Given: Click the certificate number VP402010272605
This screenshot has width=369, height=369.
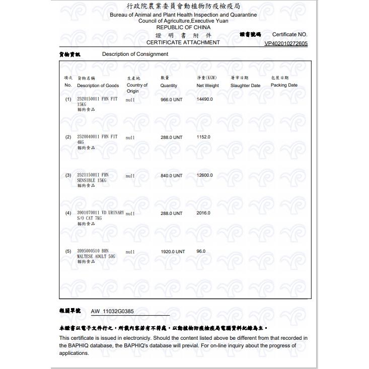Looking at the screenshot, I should pos(286,43).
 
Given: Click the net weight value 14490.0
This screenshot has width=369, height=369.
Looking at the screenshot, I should pos(205,99).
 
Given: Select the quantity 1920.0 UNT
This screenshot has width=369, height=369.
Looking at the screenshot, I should pos(173,251).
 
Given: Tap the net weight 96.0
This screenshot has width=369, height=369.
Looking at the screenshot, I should pos(201,251).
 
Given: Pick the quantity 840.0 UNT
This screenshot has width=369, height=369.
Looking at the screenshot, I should pos(171,176).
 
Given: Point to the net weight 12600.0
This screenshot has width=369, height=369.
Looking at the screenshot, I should pos(205,175).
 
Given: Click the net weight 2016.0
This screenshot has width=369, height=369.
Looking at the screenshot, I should pos(203,213).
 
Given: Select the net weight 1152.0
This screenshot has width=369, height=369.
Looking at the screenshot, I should pos(203,137).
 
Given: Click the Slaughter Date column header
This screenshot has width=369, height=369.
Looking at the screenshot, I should pos(245,86).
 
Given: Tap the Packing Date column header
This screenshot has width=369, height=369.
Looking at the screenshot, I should pos(284,85).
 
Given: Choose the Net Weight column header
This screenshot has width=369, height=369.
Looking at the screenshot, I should pos(207,86).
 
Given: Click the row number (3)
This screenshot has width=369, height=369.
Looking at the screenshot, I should pos(68,175).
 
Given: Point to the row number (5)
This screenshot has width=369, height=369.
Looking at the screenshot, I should pos(68,251).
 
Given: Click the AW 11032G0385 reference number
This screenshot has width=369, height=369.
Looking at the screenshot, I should pos(112,312).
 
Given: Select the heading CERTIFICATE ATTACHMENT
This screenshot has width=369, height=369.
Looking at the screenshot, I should pos(183,42).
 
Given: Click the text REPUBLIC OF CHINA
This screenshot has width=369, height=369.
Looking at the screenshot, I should pos(183,28).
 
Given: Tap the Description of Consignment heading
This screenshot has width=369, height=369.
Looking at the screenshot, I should pos(135,54).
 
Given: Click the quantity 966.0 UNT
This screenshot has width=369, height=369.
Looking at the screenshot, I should pos(171,100).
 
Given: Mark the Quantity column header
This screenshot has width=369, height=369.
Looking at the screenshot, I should pos(169,86).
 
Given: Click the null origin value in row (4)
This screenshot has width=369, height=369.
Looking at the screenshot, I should pos(130,213).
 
